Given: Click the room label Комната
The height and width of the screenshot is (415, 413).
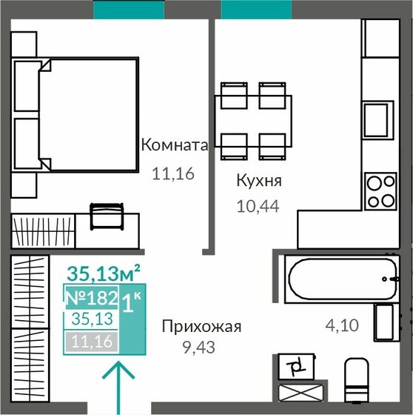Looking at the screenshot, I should [x=175, y=145].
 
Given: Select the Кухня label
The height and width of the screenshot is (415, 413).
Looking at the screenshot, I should [x=258, y=180].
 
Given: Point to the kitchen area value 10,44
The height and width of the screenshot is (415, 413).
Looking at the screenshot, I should [x=257, y=208].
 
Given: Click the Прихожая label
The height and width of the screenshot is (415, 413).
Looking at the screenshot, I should [x=201, y=326].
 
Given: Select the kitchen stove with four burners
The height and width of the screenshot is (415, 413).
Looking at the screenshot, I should [x=380, y=190].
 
